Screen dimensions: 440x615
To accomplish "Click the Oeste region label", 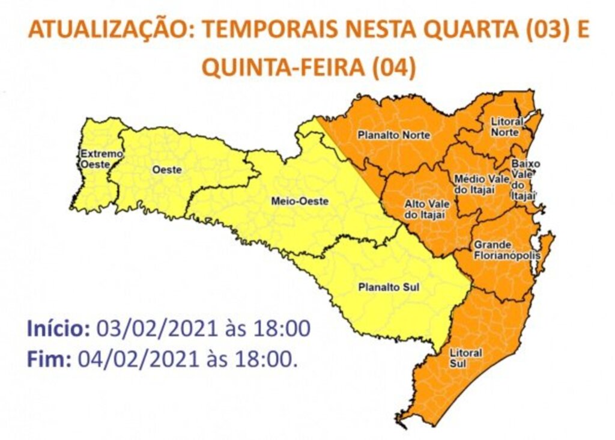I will coord(167,170).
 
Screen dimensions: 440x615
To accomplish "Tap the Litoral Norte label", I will coord(507,127).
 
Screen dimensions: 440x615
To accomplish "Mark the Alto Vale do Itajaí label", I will coord(425,209).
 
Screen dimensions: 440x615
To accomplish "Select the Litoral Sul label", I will coord(465,357).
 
